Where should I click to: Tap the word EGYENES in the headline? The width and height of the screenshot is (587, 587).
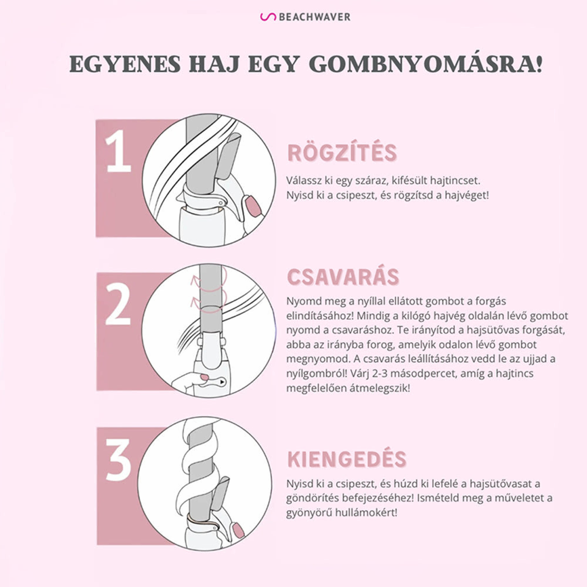click(125, 64)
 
